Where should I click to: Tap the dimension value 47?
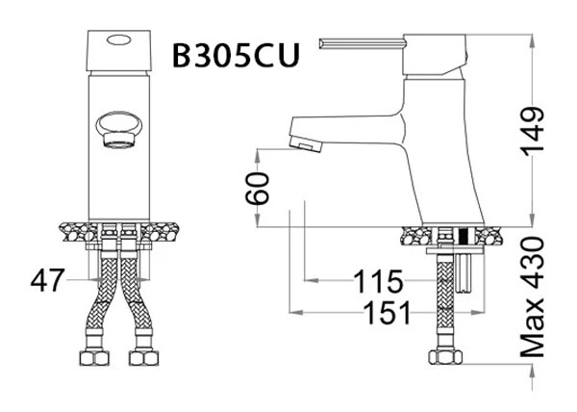[47, 281]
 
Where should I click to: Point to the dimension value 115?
[376, 282]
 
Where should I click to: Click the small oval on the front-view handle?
[119, 39]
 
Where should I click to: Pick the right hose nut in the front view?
[142, 359]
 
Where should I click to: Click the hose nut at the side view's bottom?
[443, 357]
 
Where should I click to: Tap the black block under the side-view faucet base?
[464, 234]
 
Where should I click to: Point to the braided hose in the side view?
[443, 298]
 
